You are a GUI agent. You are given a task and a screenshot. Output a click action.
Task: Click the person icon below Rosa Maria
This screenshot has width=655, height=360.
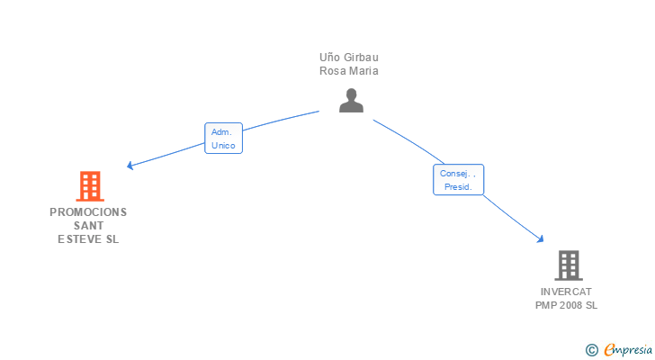coord(351,101)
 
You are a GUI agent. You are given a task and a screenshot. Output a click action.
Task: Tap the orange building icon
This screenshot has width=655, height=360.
coord(89,186)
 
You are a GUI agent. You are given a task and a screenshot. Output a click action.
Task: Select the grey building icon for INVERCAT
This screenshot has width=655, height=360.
coord(568,265)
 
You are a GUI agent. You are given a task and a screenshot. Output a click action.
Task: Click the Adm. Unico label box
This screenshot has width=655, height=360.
coord(224,138)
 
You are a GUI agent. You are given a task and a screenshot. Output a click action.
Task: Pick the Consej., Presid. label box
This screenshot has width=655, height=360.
coord(458,180)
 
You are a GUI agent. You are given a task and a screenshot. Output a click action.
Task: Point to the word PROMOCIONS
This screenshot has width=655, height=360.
coord(88,212)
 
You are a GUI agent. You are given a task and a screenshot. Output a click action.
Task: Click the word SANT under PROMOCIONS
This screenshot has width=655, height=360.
coord(88,226)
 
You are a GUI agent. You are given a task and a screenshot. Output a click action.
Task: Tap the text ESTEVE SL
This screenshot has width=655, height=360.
coord(88,239)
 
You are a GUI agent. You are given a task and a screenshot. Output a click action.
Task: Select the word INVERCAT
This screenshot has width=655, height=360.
coord(567,292)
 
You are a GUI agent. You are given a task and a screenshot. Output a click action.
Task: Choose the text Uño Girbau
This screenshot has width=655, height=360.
coord(349,58)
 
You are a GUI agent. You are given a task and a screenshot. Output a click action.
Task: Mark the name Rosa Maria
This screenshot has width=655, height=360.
coord(349,71)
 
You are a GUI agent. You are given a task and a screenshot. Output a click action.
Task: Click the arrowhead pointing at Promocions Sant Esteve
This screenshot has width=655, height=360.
coord(130,166)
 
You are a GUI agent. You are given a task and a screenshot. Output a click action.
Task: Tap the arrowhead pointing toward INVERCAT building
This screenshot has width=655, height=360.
coord(540,238)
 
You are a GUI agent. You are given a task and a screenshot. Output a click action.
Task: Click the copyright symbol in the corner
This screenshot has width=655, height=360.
coord(592,350)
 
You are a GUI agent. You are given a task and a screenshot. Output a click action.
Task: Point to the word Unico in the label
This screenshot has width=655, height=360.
coord(223,145)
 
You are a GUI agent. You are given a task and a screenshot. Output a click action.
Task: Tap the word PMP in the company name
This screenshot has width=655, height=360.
coord(545,305)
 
